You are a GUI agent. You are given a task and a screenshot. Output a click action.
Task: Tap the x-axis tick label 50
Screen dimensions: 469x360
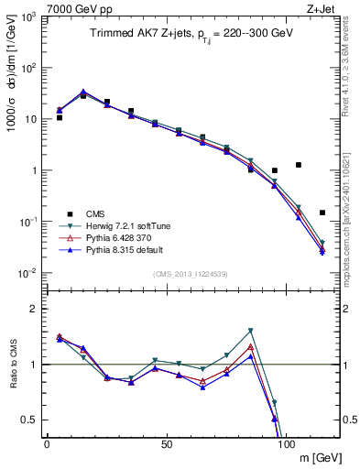tap(167, 443)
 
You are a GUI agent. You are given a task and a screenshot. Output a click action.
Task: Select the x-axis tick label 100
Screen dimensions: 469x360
tap(286, 443)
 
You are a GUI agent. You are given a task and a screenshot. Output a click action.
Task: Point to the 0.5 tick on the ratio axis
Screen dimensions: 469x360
tap(30, 420)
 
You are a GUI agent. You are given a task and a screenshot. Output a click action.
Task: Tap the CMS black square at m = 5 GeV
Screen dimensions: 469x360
tap(60, 117)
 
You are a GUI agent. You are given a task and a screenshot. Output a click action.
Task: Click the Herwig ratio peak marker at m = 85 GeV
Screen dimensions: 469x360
tap(251, 331)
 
